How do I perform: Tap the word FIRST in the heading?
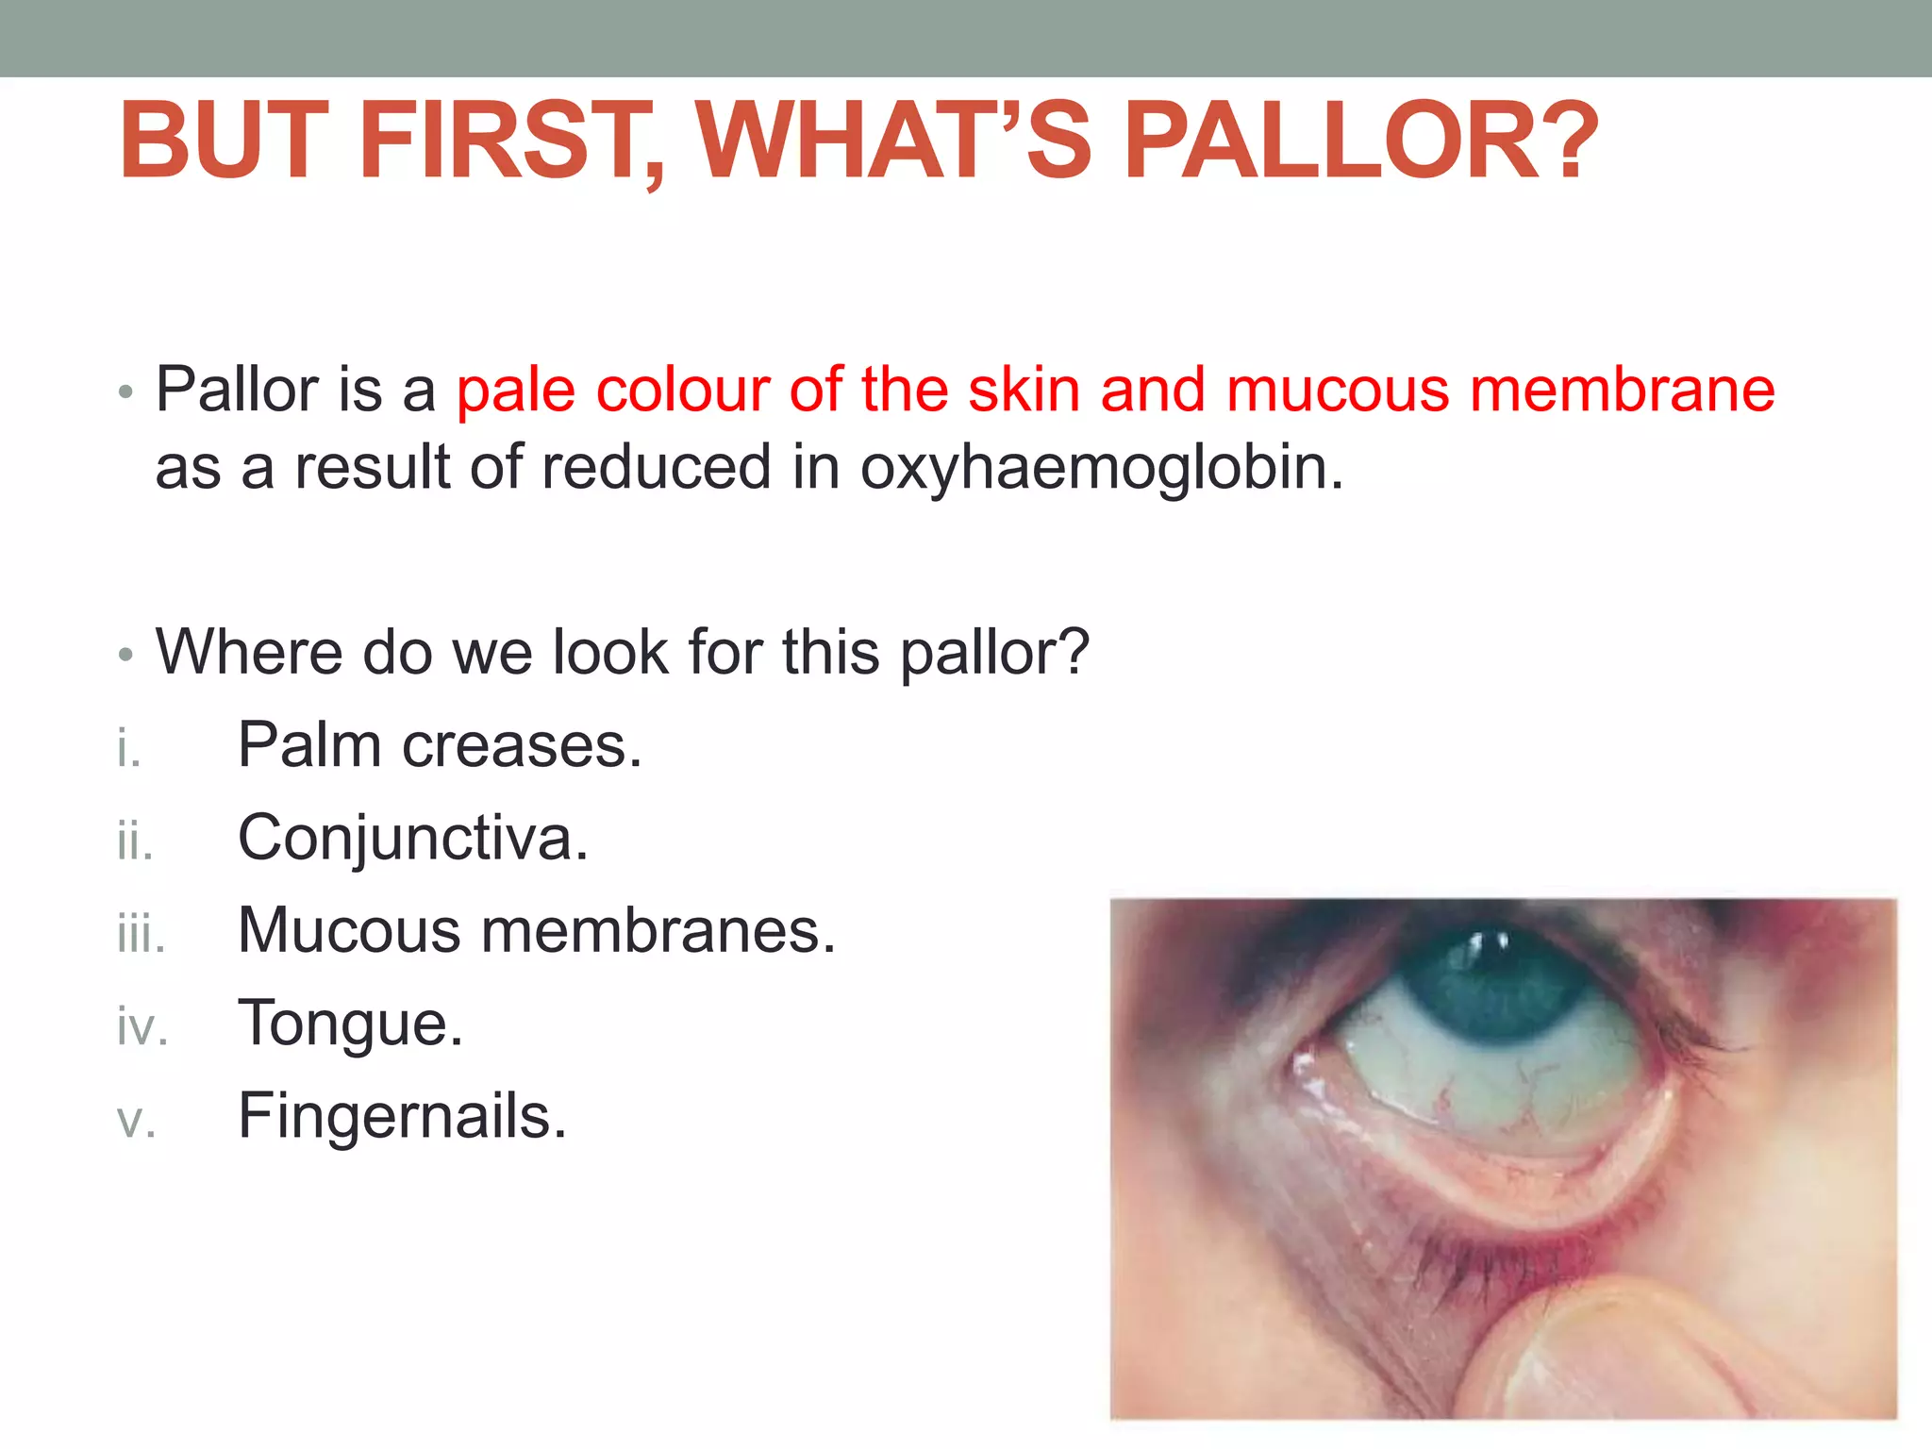click(510, 142)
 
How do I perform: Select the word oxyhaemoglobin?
click(1101, 468)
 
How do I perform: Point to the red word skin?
click(1024, 391)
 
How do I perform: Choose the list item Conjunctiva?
click(412, 839)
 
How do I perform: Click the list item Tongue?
click(350, 1024)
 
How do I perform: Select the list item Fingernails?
click(402, 1117)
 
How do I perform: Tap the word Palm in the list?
click(309, 746)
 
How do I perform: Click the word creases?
click(522, 746)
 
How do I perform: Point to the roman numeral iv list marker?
click(142, 1026)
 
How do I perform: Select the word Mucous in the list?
click(349, 931)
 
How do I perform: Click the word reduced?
click(656, 468)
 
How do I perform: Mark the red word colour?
click(684, 391)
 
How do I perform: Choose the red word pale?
click(515, 391)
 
